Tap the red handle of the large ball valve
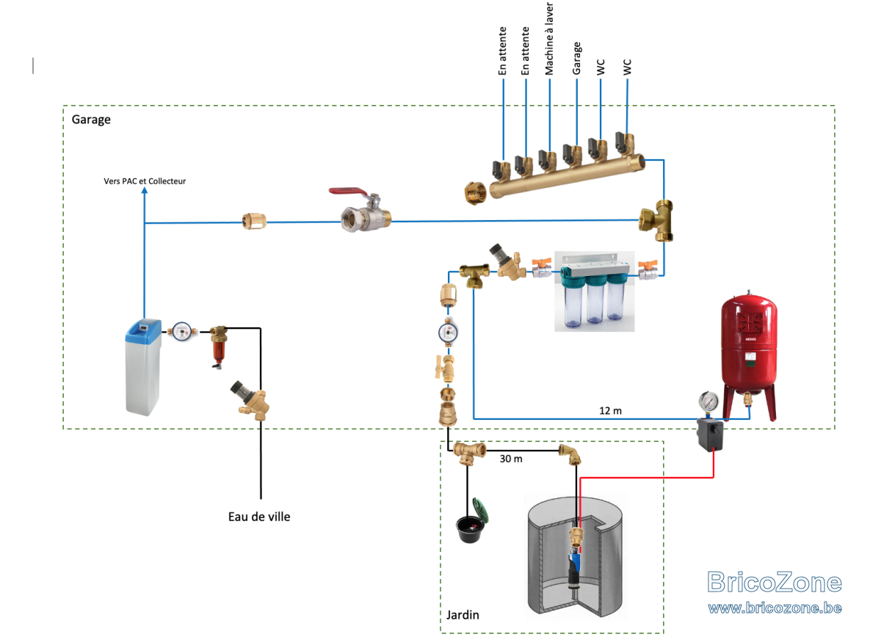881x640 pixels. [348, 192]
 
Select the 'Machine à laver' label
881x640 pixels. [549, 38]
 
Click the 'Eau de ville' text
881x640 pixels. [259, 517]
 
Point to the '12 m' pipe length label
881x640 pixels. [610, 411]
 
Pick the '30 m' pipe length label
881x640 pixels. [511, 459]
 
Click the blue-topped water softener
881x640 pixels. [143, 367]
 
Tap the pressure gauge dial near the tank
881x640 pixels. [708, 401]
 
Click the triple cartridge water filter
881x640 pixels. [595, 291]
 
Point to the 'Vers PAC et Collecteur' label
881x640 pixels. [145, 181]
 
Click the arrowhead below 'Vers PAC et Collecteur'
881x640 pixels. [145, 190]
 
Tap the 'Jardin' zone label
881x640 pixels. [463, 615]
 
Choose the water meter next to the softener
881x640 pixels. [181, 332]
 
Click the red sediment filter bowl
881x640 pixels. [218, 352]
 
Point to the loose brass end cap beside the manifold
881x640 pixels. [476, 192]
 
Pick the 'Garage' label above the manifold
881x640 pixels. [576, 58]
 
